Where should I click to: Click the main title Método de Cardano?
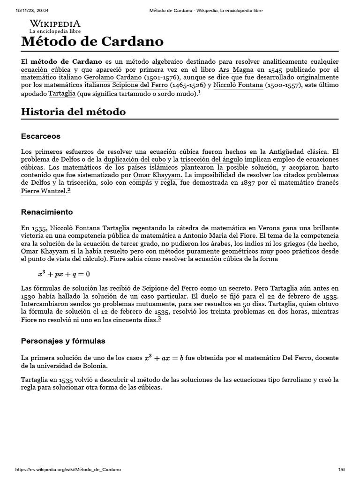tap(92, 42)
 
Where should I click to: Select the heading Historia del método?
tap(73, 112)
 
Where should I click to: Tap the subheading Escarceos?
tap(41, 136)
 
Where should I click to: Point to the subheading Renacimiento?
tap(46, 212)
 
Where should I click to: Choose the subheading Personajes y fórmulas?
tap(63, 341)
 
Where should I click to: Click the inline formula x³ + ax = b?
tap(164, 358)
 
